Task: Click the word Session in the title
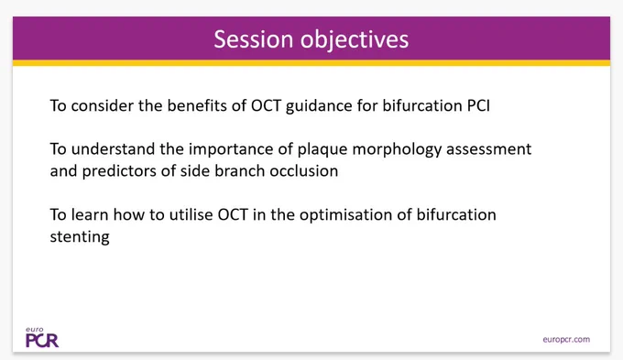(254, 39)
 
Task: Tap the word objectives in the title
(355, 40)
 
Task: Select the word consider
(102, 105)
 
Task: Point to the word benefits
(191, 105)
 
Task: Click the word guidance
(319, 106)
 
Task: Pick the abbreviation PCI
(478, 105)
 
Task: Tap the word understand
(113, 149)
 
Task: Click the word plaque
(322, 150)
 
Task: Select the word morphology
(397, 150)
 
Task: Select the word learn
(90, 214)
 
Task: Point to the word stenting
(80, 237)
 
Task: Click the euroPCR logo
(42, 338)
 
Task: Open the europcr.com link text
(566, 340)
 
